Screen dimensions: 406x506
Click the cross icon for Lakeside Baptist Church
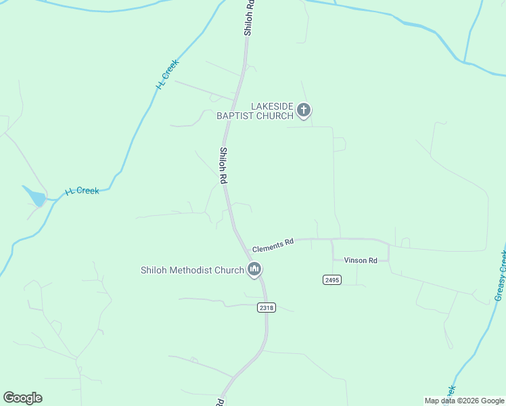click(x=304, y=110)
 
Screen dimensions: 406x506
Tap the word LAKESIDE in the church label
click(x=272, y=107)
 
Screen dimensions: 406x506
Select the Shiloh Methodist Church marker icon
click(x=254, y=270)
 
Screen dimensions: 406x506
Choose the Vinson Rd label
click(x=360, y=261)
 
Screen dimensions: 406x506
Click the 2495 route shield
click(x=331, y=279)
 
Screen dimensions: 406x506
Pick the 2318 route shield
click(x=267, y=308)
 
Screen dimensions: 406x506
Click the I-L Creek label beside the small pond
click(x=82, y=191)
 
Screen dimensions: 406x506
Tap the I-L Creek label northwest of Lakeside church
click(x=166, y=74)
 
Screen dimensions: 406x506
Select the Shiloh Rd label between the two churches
click(x=222, y=166)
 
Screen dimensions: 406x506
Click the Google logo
click(x=22, y=398)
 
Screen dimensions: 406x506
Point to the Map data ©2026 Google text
click(x=463, y=401)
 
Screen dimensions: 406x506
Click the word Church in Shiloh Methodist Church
click(x=229, y=271)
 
